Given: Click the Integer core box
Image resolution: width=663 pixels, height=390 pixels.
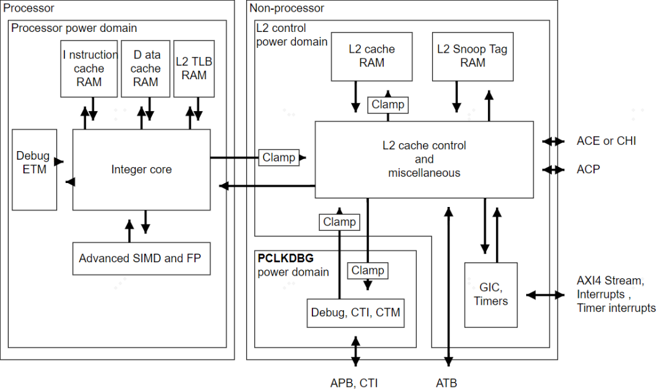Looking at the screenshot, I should (x=141, y=170).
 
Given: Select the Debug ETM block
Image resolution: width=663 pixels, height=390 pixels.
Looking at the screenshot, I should (x=34, y=162).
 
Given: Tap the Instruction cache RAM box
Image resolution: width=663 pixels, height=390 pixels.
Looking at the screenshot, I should (x=89, y=69).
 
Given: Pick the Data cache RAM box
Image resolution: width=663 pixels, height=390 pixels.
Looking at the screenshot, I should (x=145, y=69).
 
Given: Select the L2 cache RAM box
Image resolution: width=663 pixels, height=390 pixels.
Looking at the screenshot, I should (x=371, y=56).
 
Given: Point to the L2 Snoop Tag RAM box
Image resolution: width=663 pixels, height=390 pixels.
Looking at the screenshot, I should (x=472, y=56).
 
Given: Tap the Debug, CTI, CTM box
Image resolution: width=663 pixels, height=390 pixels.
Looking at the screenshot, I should (x=355, y=313).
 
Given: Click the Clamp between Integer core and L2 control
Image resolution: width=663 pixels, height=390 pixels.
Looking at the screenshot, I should (x=279, y=157).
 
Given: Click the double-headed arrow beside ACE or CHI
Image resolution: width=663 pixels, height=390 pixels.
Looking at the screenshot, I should (x=553, y=141).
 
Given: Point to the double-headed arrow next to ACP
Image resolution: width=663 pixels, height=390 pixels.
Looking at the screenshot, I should (x=553, y=169).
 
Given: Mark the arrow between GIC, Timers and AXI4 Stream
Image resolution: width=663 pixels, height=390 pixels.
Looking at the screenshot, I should (x=545, y=295).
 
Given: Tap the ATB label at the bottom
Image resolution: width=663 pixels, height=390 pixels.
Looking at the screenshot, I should (x=446, y=383).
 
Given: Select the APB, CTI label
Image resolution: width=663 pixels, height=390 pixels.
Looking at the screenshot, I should (x=354, y=383).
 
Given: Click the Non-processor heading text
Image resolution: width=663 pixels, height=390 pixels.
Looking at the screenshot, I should (x=287, y=8).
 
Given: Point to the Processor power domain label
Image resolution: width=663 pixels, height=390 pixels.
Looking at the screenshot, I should (x=74, y=28).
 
